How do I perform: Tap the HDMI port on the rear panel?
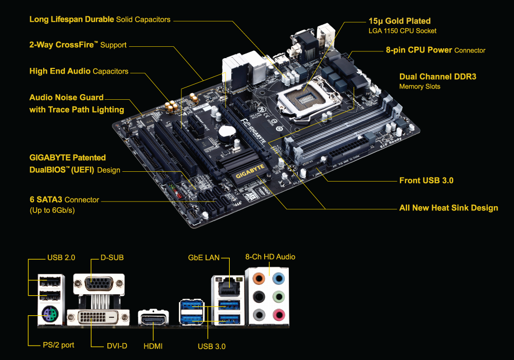154,320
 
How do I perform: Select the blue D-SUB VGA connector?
99,284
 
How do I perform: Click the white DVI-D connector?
99,318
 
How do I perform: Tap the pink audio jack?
278,314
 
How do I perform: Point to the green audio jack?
278,297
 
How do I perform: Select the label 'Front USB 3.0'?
426,181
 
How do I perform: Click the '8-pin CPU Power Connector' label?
435,50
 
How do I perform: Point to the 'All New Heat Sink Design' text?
448,208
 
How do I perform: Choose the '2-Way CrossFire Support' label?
78,45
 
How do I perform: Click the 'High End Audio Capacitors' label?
79,71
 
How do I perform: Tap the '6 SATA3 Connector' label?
64,200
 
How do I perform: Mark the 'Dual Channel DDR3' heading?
437,77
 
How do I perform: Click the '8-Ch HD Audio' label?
270,257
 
